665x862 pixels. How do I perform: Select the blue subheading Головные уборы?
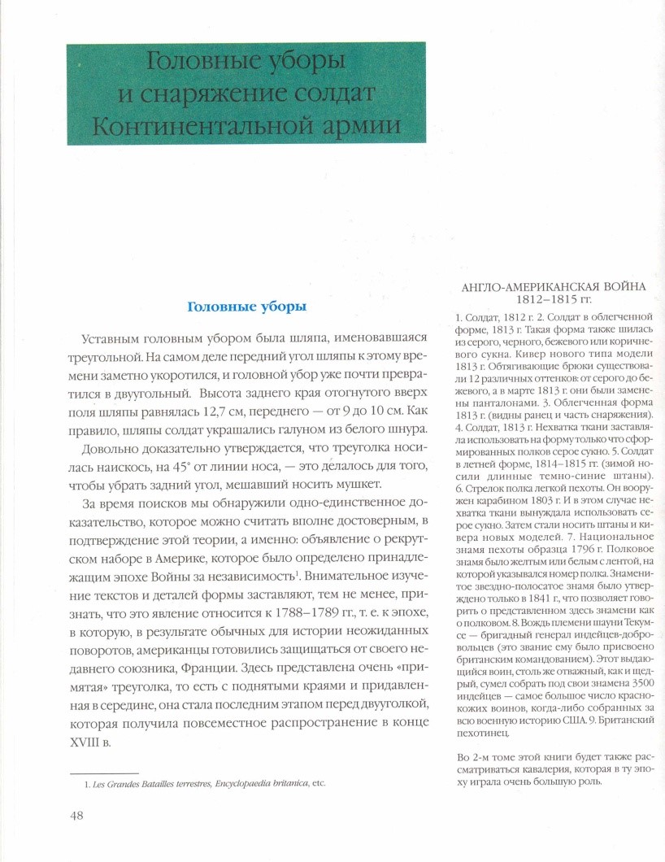coord(246,308)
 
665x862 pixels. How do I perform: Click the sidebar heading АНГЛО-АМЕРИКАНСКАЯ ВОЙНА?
coord(553,286)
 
